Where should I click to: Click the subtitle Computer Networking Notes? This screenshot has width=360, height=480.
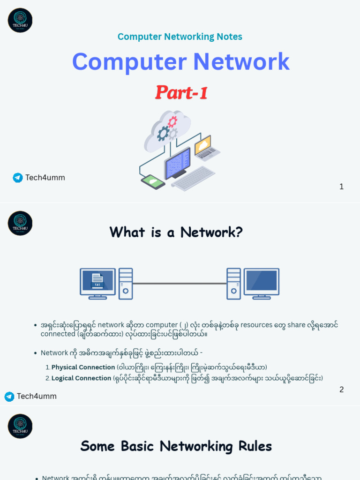(x=180, y=37)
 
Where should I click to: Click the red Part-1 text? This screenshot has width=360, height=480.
(x=181, y=92)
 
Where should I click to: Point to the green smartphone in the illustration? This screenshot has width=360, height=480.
(x=153, y=181)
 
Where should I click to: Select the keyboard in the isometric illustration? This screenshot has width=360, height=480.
(x=193, y=179)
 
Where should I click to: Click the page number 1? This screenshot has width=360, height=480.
(x=341, y=187)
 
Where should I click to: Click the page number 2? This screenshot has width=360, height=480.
(x=341, y=390)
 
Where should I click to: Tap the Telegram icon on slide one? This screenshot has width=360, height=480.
(x=18, y=178)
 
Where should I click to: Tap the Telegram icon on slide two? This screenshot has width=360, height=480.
(x=9, y=397)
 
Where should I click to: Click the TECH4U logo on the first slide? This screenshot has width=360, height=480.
(x=20, y=20)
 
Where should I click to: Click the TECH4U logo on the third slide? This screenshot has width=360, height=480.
(x=20, y=426)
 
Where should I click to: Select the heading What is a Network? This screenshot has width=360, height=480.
(x=176, y=232)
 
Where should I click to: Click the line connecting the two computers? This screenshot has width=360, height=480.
(x=180, y=284)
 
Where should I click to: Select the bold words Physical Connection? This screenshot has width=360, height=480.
(x=83, y=367)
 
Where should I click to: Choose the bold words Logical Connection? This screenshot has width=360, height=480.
(x=81, y=378)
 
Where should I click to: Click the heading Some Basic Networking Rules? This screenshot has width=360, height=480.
(x=176, y=446)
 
